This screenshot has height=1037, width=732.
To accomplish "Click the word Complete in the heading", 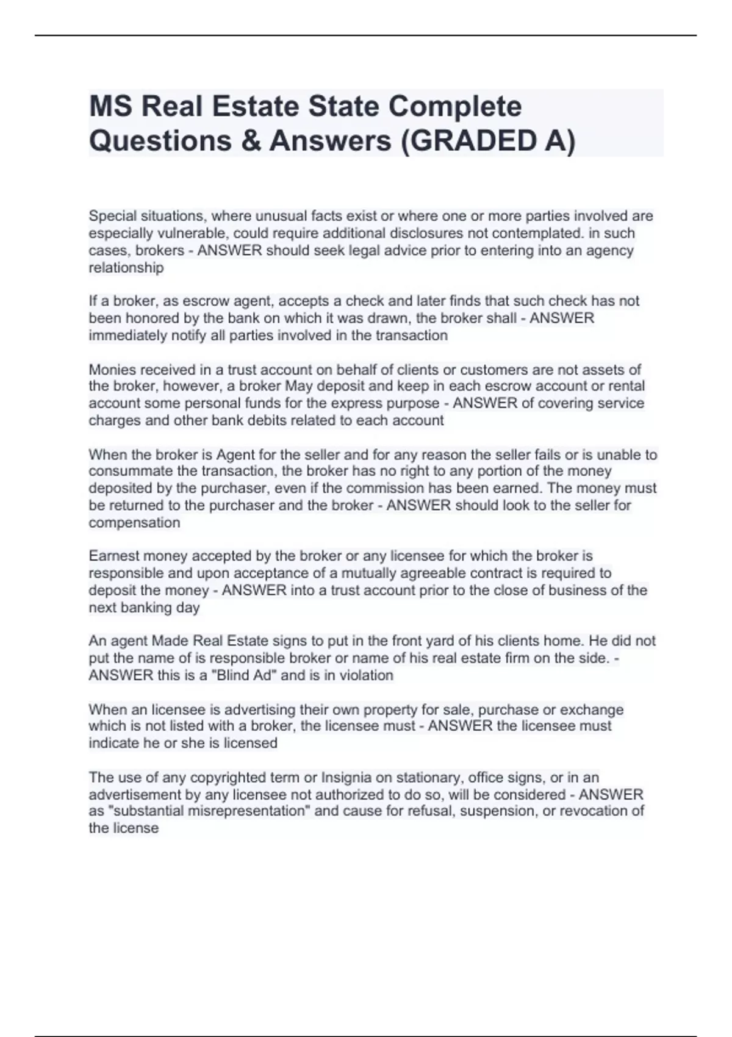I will tap(455, 107).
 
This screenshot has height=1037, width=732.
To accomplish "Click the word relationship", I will tap(126, 268).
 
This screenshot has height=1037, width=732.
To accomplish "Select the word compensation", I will tap(134, 523).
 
